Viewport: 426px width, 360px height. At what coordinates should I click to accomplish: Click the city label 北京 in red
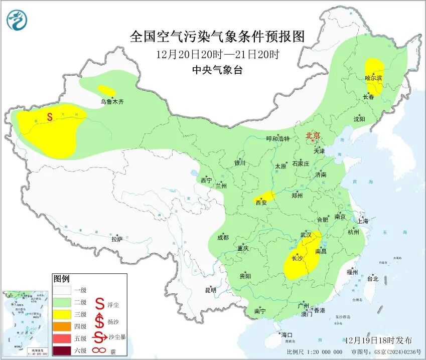coord(313,135)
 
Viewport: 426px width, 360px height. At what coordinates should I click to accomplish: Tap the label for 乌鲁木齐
coord(111,102)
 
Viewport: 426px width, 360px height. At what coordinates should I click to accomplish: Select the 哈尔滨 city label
coord(373,78)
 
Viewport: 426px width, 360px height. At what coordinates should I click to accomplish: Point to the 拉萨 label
coord(116,239)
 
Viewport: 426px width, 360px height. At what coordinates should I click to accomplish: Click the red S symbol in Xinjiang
coord(50,117)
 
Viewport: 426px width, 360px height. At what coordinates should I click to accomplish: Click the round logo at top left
coord(18,20)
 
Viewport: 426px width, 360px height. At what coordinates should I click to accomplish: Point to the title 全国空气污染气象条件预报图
coord(217,37)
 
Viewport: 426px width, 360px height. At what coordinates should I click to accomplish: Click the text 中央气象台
coord(217,70)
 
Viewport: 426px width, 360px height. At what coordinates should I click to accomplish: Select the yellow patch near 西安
coord(264,197)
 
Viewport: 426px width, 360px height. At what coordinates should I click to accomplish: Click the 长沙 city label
coord(296,259)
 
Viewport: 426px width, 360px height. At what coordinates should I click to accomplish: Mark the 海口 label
coord(287,335)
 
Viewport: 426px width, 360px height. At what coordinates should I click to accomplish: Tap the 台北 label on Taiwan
coord(372,279)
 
